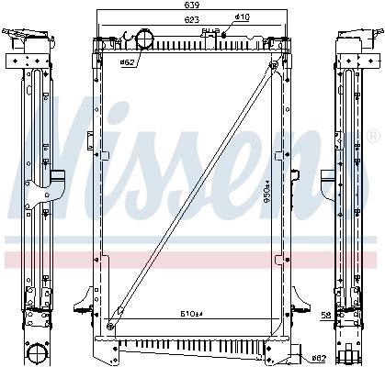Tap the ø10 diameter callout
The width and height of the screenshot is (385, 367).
click(x=242, y=17)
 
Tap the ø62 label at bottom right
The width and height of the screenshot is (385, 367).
click(x=319, y=357)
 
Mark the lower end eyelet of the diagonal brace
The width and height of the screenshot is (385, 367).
click(x=111, y=323)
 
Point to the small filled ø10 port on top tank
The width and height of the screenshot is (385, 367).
click(x=224, y=36)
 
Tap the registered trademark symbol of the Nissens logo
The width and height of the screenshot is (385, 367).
click(x=373, y=137)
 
